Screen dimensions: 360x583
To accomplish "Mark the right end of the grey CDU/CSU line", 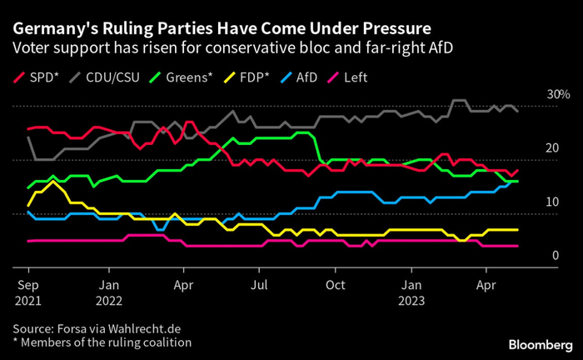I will pos(518,111).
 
